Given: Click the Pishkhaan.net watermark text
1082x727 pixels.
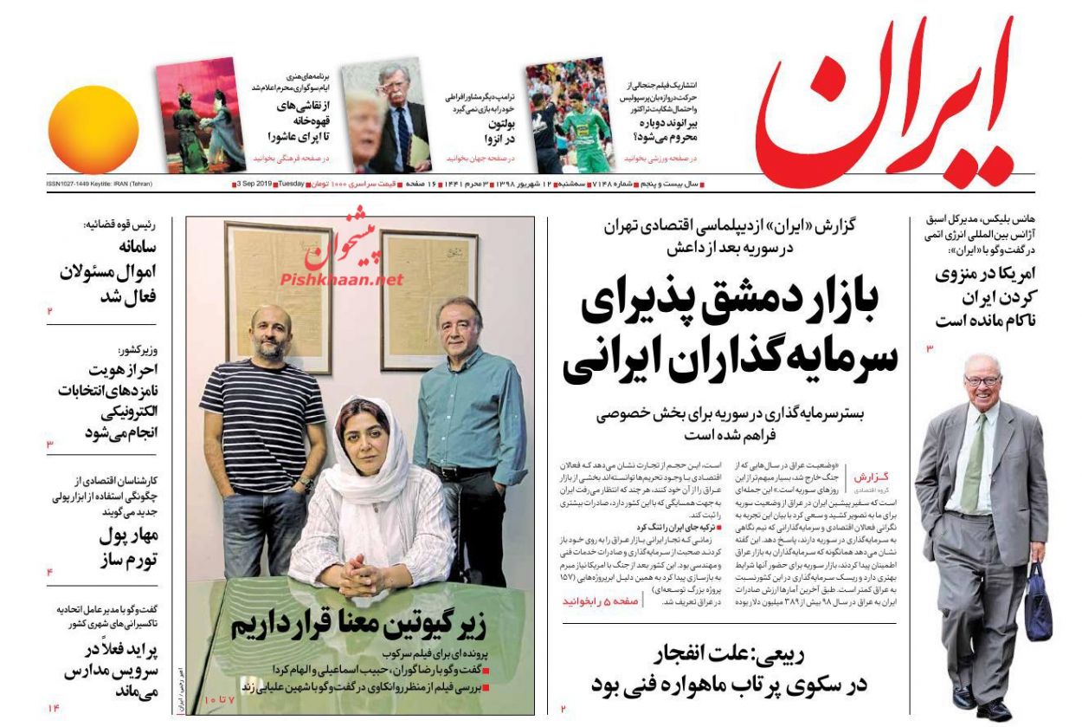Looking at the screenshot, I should tap(342, 279).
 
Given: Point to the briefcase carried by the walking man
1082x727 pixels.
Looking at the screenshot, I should tap(1038, 601).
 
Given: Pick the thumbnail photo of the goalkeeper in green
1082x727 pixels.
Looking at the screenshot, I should tap(567, 117).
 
